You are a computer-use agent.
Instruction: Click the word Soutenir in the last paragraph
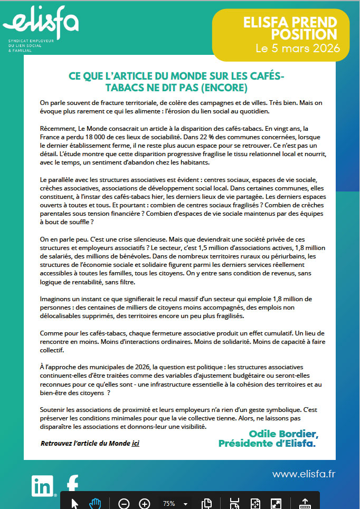(54, 410)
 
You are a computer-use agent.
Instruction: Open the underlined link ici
(136, 443)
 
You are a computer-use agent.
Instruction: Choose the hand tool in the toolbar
(96, 503)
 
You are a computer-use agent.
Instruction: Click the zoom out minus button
(124, 503)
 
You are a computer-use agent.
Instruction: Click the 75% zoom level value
(169, 503)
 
